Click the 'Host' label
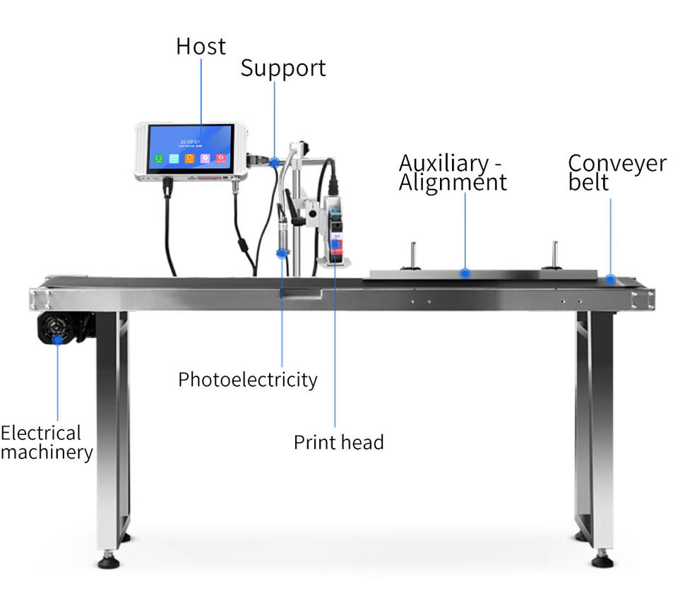point(201,47)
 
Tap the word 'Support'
point(282,68)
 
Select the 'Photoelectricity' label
point(247,380)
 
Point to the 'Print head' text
point(338,443)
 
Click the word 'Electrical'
point(41,433)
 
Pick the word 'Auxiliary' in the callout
point(442,163)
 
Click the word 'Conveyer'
point(617,163)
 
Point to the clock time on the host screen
point(190,141)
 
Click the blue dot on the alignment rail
point(465,272)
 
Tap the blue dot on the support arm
point(275,162)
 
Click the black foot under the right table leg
point(602,561)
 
